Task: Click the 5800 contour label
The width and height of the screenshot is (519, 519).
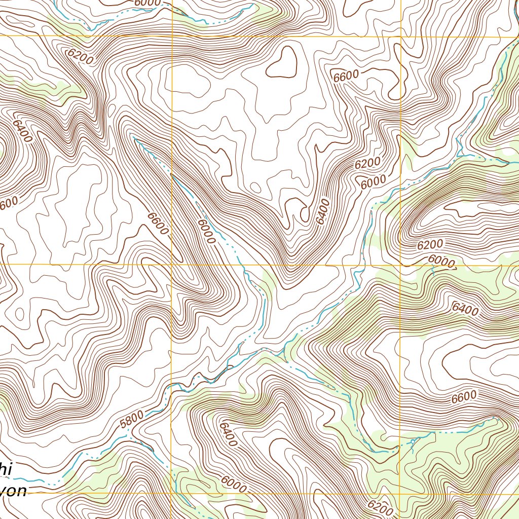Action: (x=133, y=417)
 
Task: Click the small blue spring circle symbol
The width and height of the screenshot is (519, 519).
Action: (x=413, y=442)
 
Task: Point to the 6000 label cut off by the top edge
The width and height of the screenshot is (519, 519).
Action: (x=147, y=3)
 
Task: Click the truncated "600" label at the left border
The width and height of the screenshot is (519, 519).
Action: (x=9, y=203)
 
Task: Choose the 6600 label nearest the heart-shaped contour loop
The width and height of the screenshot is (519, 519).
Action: (x=346, y=76)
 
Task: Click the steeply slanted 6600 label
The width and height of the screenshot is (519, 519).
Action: (x=158, y=223)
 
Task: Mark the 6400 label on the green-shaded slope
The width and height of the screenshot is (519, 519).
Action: (x=465, y=308)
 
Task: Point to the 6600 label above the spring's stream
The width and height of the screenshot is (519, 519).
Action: (x=463, y=397)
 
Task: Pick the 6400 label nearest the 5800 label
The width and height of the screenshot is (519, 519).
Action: (x=229, y=434)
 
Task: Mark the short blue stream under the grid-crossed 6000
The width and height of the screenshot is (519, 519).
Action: (x=433, y=271)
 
